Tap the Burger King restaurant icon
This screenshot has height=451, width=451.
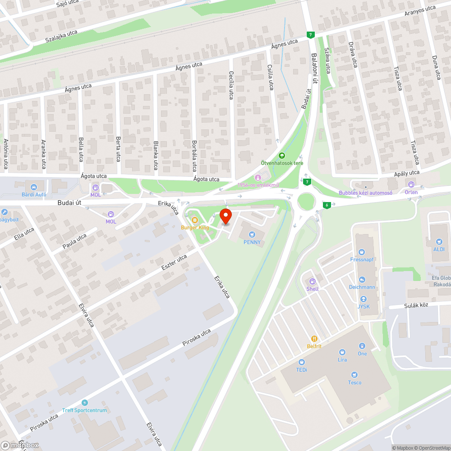(195, 220)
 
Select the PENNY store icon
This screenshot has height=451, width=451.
(252, 234)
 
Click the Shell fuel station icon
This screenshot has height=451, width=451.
(312, 281)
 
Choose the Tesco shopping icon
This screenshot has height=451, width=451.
(354, 375)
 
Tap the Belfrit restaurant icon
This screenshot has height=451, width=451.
(314, 338)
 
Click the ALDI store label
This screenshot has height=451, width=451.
(439, 249)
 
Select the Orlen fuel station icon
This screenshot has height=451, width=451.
(411, 184)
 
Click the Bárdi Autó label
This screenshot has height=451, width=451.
(33, 195)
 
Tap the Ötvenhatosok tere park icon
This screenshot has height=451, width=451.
(282, 156)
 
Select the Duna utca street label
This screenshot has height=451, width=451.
(436, 68)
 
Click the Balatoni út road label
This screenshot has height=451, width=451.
(315, 68)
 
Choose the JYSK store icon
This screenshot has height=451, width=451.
(364, 299)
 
